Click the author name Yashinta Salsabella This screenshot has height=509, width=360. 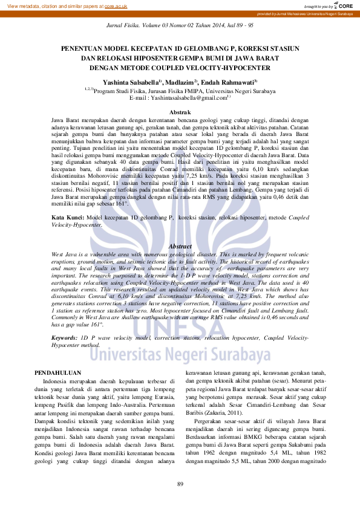(x=131, y=82)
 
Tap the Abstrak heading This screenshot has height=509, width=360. (x=180, y=112)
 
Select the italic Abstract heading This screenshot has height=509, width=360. (x=180, y=247)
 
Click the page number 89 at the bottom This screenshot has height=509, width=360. (x=180, y=484)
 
